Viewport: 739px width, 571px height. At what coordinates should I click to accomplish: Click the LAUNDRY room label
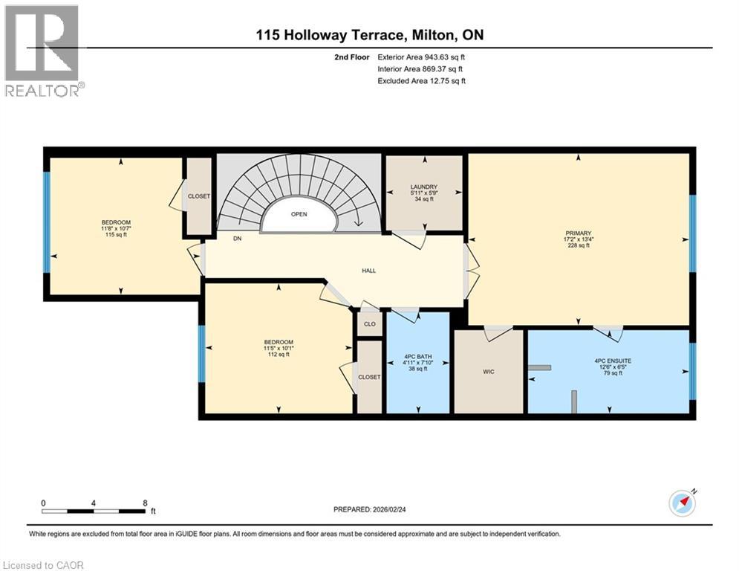(x=424, y=187)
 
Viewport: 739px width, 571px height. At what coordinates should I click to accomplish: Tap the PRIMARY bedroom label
(x=579, y=233)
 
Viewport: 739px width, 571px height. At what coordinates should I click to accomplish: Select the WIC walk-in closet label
(x=489, y=372)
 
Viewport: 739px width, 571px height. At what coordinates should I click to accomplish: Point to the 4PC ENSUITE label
(x=613, y=361)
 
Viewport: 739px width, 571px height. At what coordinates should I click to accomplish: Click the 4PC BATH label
(x=418, y=357)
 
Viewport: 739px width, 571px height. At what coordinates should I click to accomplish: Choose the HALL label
(x=368, y=271)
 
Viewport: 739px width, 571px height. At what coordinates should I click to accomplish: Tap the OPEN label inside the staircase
(x=299, y=214)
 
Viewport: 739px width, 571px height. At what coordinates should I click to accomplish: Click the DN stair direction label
(x=238, y=239)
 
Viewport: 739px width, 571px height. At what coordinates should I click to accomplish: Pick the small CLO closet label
(x=370, y=323)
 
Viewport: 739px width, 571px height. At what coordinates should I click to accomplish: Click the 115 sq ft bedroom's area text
(x=116, y=234)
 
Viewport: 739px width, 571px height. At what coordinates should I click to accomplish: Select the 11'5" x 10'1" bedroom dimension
(x=279, y=348)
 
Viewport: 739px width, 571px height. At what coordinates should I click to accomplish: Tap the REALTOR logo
(x=42, y=51)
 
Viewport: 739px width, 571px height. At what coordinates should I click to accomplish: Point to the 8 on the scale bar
(x=145, y=503)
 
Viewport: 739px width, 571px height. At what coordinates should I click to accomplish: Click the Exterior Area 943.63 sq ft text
(x=421, y=57)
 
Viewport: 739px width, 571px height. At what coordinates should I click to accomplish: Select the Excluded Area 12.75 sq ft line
(x=421, y=81)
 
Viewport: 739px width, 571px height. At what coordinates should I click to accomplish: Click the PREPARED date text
(x=370, y=509)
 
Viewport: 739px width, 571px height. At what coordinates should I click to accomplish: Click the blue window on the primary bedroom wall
(x=692, y=233)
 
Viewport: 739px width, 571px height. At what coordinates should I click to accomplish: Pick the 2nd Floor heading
(x=351, y=57)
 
